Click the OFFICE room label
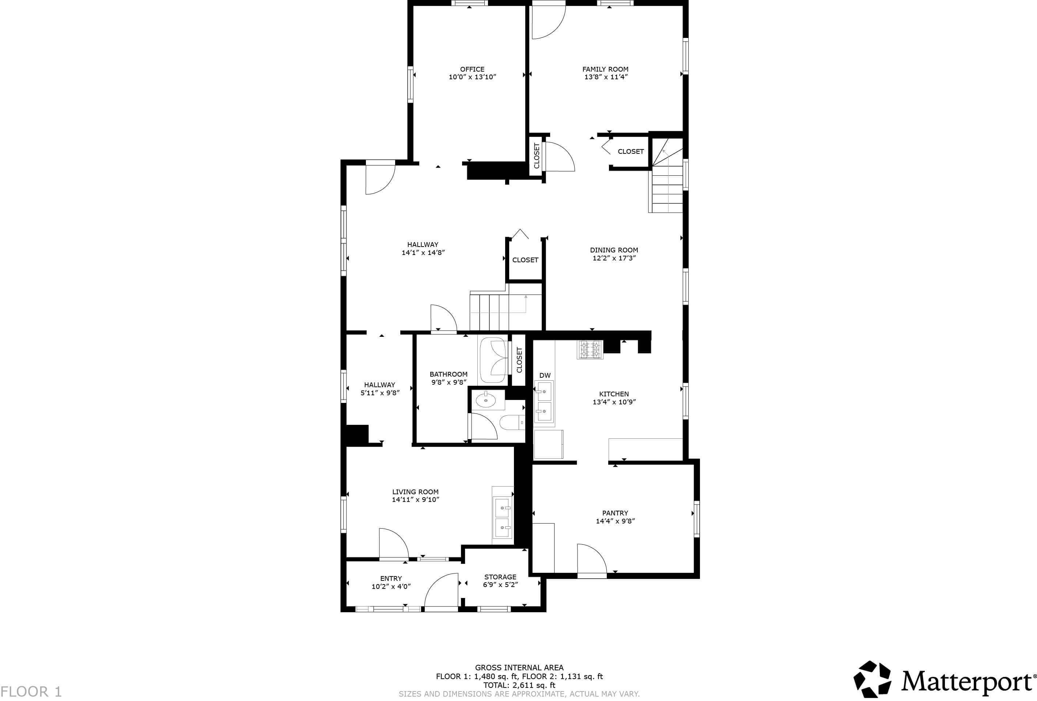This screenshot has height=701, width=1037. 472,69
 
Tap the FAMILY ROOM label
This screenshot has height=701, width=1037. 605,69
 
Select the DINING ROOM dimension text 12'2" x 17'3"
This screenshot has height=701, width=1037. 614,258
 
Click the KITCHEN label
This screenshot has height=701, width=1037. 614,394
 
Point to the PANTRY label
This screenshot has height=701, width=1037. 615,513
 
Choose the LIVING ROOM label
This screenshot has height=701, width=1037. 415,492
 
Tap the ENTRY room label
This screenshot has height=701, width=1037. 391,578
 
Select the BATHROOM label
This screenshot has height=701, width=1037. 449,374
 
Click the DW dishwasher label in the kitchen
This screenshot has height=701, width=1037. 545,376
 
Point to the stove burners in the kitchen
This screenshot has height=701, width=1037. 590,349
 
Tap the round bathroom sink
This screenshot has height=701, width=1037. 485,400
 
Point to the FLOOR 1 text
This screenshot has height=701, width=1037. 31,692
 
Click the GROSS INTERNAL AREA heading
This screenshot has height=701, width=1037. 519,667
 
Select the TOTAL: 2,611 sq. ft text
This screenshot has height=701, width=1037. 519,685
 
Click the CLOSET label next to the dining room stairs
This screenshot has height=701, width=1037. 631,152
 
